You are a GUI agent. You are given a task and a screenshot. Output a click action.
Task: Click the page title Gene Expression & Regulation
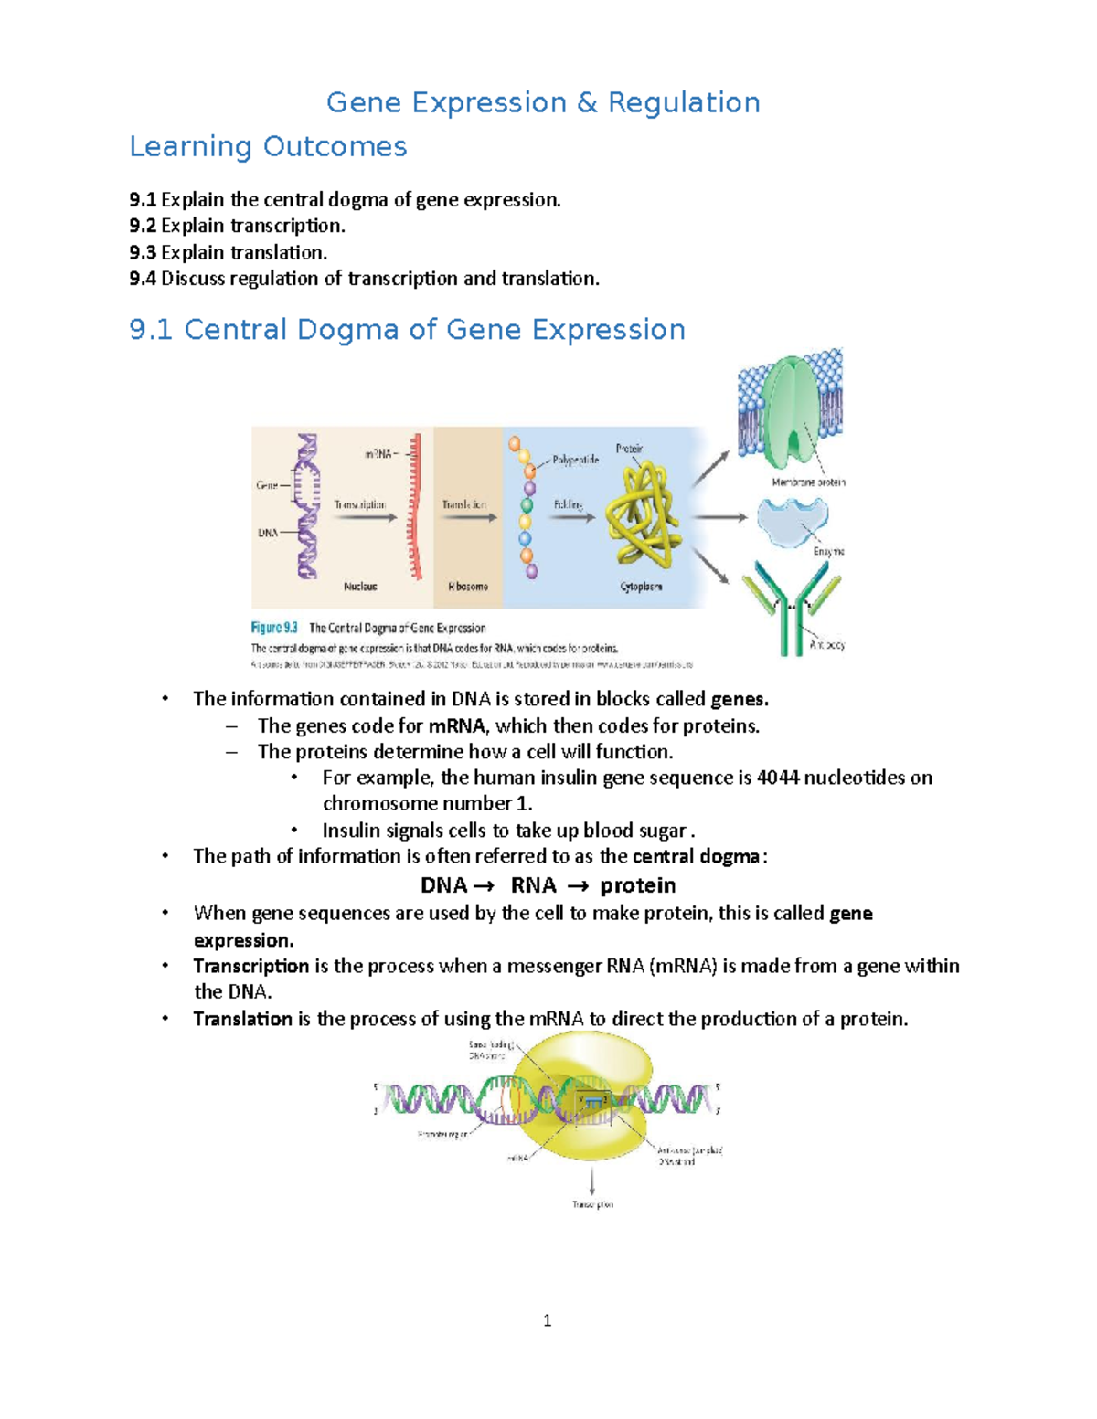pyautogui.click(x=543, y=102)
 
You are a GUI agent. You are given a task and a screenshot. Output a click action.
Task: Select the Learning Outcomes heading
pyautogui.click(x=268, y=146)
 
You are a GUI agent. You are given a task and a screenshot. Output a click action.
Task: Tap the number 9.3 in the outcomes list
pyautogui.click(x=143, y=252)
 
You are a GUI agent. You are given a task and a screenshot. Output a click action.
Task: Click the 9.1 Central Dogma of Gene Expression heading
pyautogui.click(x=407, y=329)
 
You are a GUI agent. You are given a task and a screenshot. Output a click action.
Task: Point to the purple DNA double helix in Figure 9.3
pyautogui.click(x=307, y=506)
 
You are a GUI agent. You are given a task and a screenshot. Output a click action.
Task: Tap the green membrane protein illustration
pyautogui.click(x=791, y=411)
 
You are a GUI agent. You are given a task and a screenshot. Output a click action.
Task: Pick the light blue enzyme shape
pyautogui.click(x=792, y=521)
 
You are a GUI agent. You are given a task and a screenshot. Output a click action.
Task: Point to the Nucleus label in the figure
pyautogui.click(x=360, y=587)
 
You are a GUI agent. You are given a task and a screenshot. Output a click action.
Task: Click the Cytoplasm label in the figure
pyautogui.click(x=642, y=587)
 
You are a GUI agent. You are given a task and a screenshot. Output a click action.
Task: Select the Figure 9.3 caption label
pyautogui.click(x=274, y=628)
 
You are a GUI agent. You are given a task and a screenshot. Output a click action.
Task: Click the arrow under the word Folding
pyautogui.click(x=572, y=518)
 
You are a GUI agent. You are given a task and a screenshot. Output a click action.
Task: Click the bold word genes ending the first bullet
pyautogui.click(x=740, y=699)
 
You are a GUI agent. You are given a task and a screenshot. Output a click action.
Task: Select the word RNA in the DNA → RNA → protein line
pyautogui.click(x=533, y=885)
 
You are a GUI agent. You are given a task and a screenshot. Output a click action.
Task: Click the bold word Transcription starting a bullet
pyautogui.click(x=250, y=966)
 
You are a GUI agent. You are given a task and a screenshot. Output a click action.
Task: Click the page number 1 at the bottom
pyautogui.click(x=547, y=1320)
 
